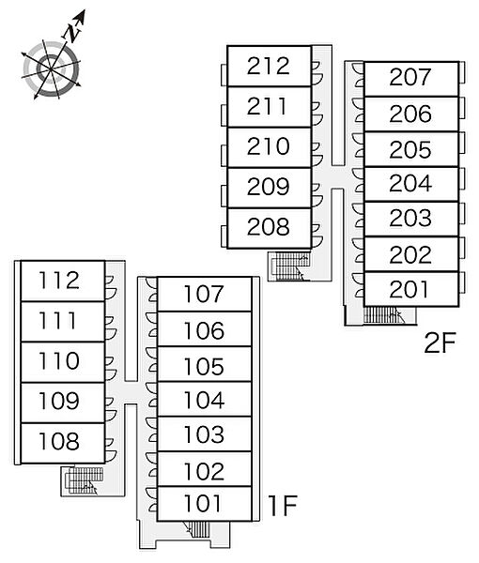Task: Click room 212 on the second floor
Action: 270,66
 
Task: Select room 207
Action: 411,79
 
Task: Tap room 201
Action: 411,289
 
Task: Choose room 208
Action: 270,228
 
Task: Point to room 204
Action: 411,184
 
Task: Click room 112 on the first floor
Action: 63,281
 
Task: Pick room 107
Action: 204,294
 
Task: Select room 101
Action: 204,504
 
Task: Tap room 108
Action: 63,443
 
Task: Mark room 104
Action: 204,400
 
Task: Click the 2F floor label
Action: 440,342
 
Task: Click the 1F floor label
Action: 283,505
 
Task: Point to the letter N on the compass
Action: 72,33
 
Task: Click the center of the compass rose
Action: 51,68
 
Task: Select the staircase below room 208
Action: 289,266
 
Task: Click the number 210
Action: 268,146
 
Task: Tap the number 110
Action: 59,361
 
